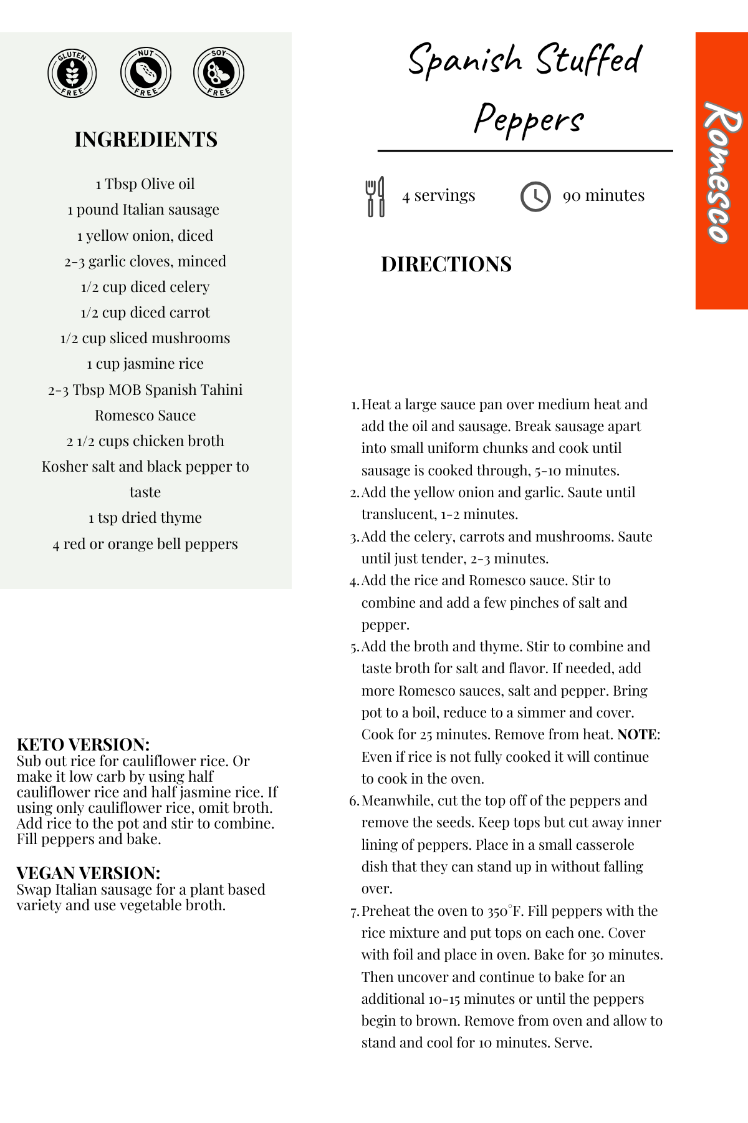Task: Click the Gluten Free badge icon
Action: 72,74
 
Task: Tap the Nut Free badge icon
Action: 145,74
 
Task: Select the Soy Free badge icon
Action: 218,74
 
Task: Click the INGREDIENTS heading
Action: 146,139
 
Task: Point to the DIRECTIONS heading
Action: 446,265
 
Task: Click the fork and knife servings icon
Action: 375,197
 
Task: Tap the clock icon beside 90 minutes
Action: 535,197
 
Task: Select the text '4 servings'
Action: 439,195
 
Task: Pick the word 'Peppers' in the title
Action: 529,119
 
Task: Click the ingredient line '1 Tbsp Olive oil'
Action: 145,184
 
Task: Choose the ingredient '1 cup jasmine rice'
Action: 145,364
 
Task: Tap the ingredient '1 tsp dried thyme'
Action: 145,518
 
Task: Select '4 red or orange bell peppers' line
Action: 145,544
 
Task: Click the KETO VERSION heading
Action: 83,744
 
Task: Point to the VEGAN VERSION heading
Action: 89,873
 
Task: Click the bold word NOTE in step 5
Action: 636,735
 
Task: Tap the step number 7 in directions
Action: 354,912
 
